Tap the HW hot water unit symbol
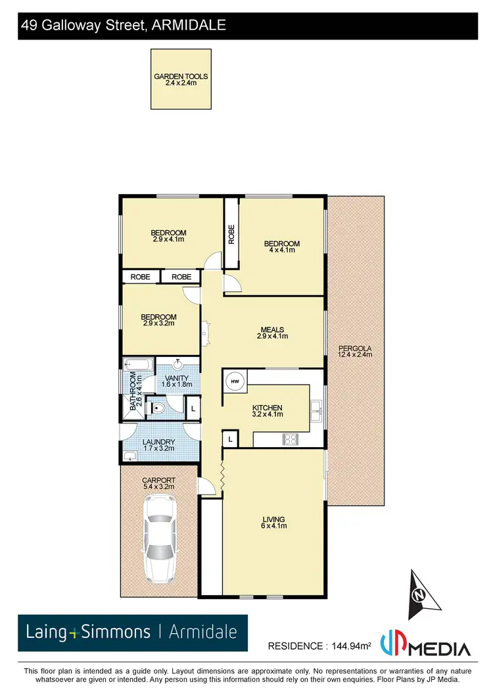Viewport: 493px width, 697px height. [234, 381]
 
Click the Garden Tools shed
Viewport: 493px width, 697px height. [181, 79]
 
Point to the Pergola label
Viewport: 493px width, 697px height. [355, 351]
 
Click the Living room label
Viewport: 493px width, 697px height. [273, 523]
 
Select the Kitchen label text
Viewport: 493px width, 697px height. [268, 411]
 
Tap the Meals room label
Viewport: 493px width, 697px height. [271, 333]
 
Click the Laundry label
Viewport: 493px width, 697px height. [157, 445]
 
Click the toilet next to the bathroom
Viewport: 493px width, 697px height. [154, 408]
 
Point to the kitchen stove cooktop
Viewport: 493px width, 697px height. [291, 439]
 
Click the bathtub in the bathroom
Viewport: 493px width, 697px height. [138, 364]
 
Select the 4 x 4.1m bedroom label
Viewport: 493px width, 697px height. [281, 247]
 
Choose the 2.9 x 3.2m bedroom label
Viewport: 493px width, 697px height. [160, 320]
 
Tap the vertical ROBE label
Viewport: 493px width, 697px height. [231, 235]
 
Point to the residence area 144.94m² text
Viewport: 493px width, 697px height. [319, 646]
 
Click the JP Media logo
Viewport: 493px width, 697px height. [434, 647]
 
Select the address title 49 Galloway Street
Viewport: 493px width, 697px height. [124, 26]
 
